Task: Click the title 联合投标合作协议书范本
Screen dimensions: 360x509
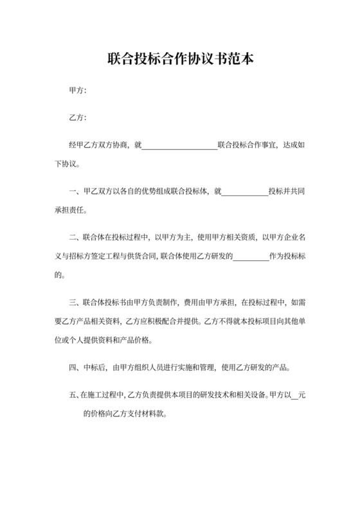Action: [x=180, y=60]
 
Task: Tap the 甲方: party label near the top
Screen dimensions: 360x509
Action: [x=77, y=91]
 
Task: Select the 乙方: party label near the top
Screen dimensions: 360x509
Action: [x=77, y=118]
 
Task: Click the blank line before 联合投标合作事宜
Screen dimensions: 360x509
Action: [x=179, y=146]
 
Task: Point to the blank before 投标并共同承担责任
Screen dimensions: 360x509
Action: [x=244, y=191]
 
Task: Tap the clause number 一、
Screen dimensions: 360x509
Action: [x=73, y=191]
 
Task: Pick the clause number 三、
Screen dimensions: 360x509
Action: [x=73, y=301]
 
